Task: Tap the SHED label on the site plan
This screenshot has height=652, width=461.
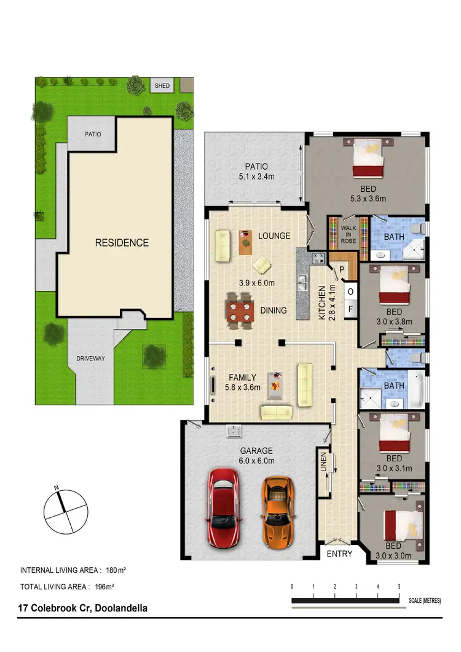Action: click(162, 85)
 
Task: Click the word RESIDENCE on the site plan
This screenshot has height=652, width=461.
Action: click(122, 242)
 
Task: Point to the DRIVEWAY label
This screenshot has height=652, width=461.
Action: click(92, 358)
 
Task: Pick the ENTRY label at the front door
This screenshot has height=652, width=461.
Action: click(339, 554)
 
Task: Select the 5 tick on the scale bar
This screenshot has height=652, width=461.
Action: click(400, 586)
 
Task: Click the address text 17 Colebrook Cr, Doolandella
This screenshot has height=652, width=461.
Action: click(83, 608)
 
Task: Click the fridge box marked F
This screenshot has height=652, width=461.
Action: click(351, 309)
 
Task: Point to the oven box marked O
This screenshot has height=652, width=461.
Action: click(350, 292)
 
